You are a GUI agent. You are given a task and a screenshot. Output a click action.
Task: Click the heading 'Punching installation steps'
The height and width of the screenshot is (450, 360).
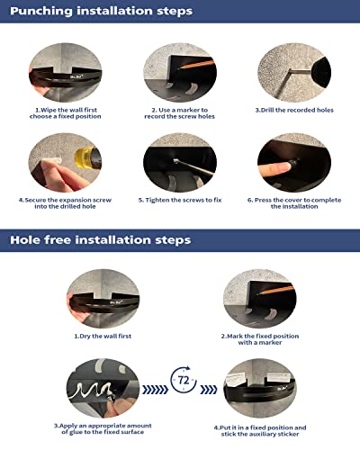(101, 11)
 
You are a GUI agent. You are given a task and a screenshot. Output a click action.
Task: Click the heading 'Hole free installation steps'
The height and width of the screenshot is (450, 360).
(101, 240)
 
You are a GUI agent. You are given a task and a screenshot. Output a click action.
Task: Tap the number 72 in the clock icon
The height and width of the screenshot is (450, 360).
(184, 380)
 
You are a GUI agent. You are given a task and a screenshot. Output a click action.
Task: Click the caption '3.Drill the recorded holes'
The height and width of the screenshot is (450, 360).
(294, 110)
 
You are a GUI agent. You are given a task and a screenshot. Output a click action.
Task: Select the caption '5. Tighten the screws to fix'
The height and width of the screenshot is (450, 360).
(180, 200)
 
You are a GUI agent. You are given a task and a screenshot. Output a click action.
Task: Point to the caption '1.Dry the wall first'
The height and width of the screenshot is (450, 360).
(103, 336)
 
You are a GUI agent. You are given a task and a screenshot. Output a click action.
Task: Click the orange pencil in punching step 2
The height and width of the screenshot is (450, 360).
(197, 65)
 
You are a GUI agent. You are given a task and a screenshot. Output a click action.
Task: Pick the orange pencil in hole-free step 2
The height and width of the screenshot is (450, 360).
(276, 290)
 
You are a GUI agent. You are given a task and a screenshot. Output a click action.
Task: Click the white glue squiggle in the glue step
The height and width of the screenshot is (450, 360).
(90, 389)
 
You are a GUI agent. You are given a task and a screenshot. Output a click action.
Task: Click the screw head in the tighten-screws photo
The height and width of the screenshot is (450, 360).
(176, 161)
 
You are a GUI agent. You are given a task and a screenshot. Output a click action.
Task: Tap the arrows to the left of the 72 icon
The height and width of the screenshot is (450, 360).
(155, 390)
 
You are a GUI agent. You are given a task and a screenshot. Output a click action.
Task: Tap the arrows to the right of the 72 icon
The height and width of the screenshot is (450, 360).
(208, 390)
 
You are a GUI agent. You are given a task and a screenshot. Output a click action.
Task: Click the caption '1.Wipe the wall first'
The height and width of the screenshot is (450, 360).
(66, 110)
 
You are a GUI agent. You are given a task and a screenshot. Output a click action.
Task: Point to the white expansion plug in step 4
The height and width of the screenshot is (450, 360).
(51, 162)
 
